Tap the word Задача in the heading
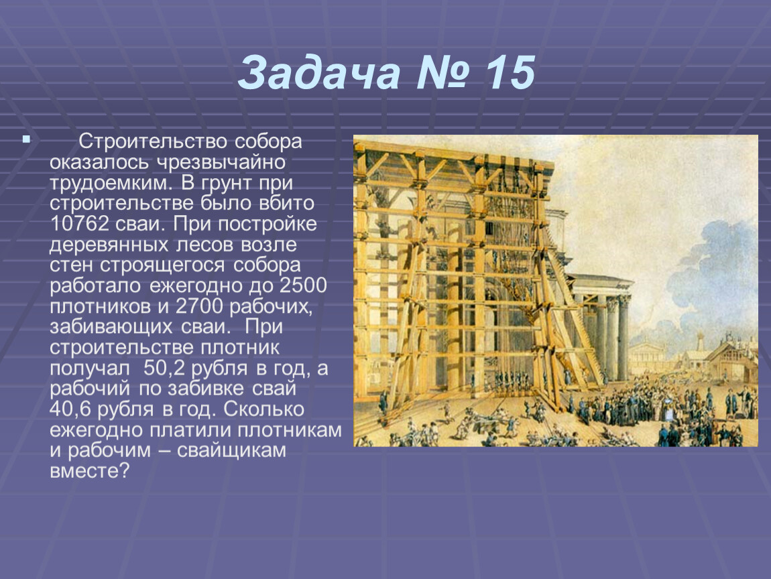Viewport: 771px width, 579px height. pos(320,74)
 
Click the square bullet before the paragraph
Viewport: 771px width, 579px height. pos(26,139)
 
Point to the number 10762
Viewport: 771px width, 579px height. pos(79,224)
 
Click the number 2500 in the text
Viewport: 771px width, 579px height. pos(304,285)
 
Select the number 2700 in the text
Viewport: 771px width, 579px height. pos(199,306)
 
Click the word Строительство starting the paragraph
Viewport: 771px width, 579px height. pos(153,141)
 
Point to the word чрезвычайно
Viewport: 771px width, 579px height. pos(221,162)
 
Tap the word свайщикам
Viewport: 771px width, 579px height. pos(231,451)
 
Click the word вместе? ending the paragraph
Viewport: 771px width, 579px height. pos(89,471)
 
